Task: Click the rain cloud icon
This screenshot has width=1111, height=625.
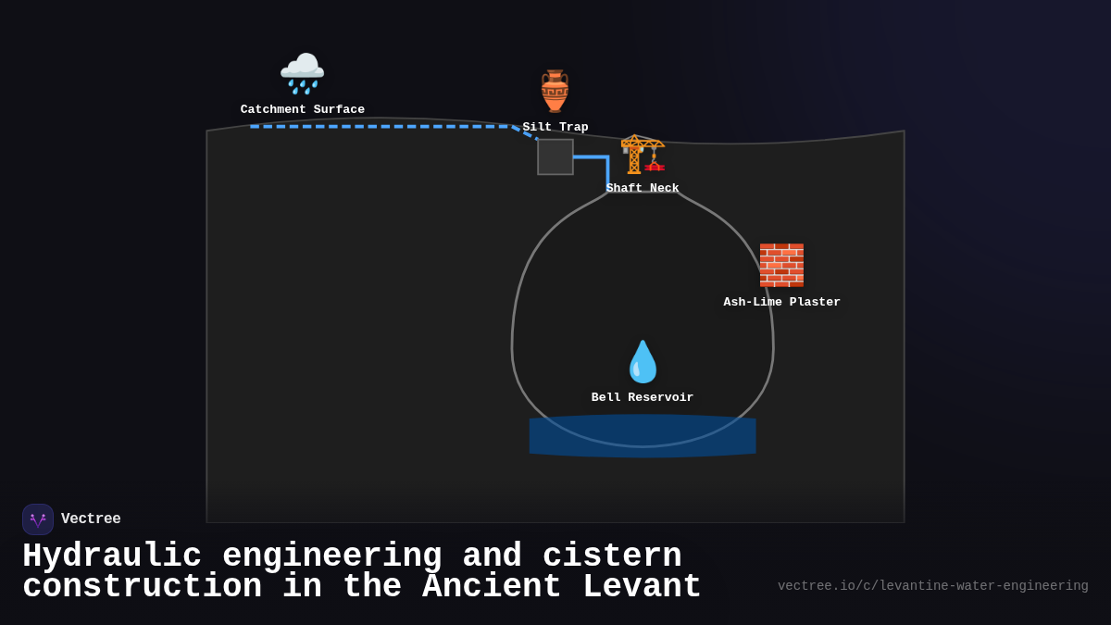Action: tap(302, 73)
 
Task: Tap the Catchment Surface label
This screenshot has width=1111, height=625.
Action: tap(302, 110)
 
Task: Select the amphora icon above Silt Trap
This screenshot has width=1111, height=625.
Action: tap(555, 91)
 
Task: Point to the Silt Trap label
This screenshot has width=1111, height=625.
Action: tap(555, 128)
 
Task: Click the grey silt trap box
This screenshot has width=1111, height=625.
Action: tap(555, 156)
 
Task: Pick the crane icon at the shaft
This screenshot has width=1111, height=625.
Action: tap(643, 154)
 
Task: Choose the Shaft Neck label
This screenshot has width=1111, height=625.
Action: tap(643, 189)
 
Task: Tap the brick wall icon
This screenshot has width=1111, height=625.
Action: tap(781, 265)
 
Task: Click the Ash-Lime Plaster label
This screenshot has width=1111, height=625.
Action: tap(781, 303)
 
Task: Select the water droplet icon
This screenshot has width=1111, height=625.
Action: tap(643, 362)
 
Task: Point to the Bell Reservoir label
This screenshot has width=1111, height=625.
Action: tap(643, 398)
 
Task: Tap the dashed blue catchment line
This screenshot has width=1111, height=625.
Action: tap(380, 126)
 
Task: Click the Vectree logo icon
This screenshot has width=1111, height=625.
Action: tap(38, 519)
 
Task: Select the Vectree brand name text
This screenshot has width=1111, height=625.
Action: tap(91, 519)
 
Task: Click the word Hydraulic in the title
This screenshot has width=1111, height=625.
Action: tap(112, 556)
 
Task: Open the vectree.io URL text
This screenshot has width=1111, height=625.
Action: tap(932, 586)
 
